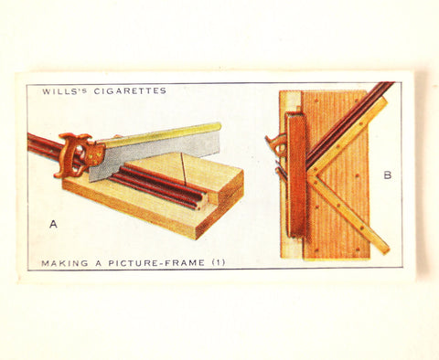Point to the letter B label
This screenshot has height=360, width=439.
(387, 175)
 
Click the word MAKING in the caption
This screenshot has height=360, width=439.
(59, 263)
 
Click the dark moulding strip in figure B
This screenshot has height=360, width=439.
(352, 119)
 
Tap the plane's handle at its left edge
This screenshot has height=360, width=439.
(273, 144)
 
